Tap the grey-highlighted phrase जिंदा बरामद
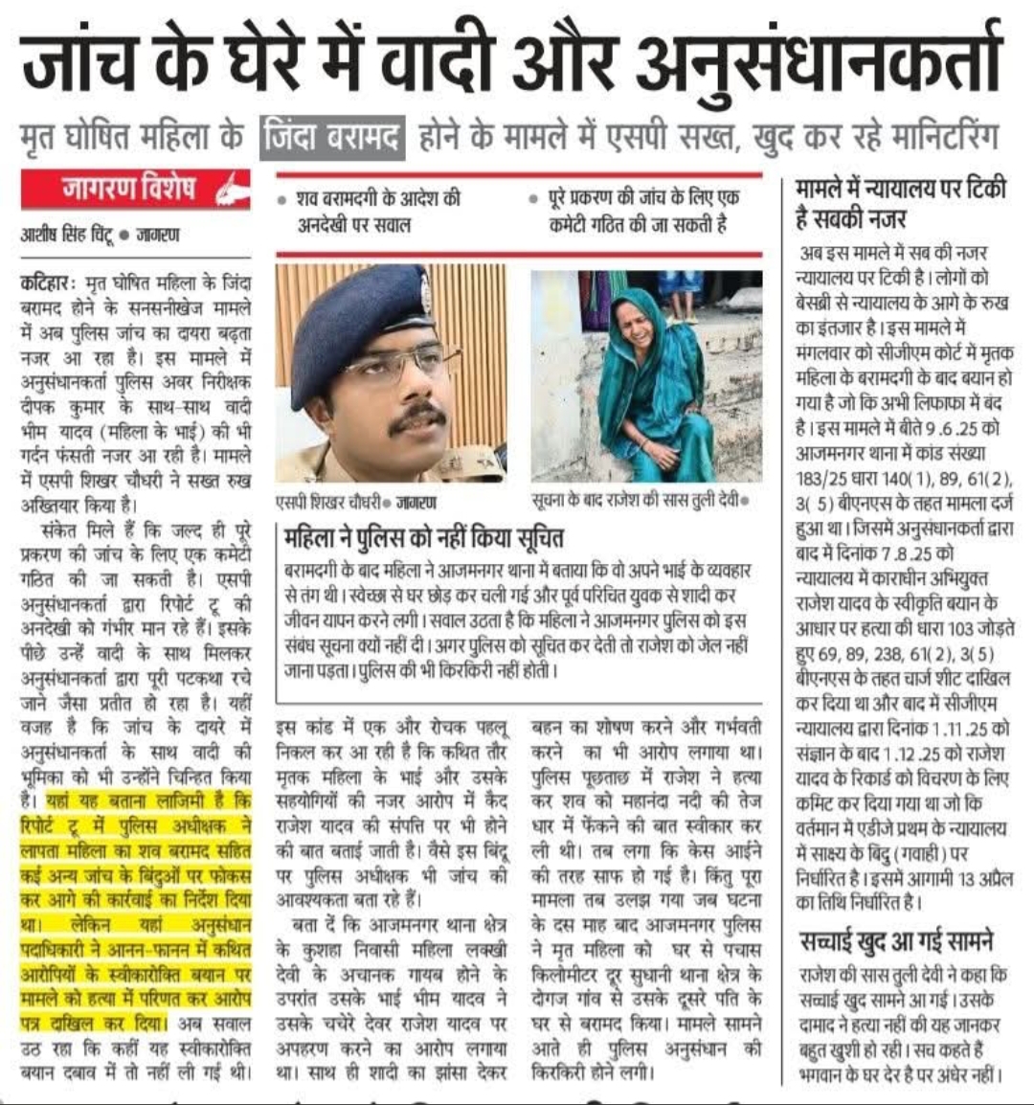(332, 135)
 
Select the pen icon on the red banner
(230, 192)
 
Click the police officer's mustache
(417, 418)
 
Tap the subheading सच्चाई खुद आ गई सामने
(896, 942)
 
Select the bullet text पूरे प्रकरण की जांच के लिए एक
(642, 199)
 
